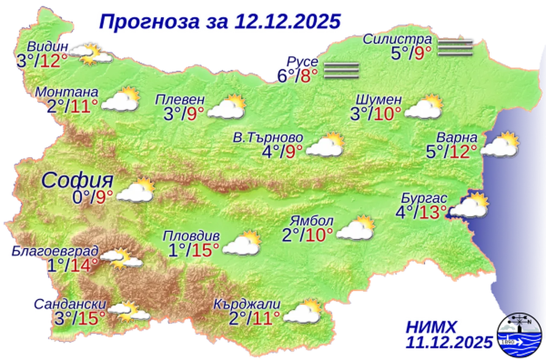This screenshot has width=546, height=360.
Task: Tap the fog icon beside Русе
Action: tap(341, 70)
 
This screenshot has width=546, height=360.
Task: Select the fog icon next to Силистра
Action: tap(456, 47)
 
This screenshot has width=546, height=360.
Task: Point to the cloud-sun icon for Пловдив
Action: tap(242, 244)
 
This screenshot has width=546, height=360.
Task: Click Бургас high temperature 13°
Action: tap(433, 212)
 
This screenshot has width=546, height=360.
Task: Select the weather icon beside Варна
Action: tap(501, 145)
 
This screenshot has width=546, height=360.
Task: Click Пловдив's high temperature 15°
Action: tap(206, 250)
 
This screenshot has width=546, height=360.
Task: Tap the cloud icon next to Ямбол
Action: tap(356, 228)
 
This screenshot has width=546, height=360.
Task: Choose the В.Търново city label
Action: tap(268, 138)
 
